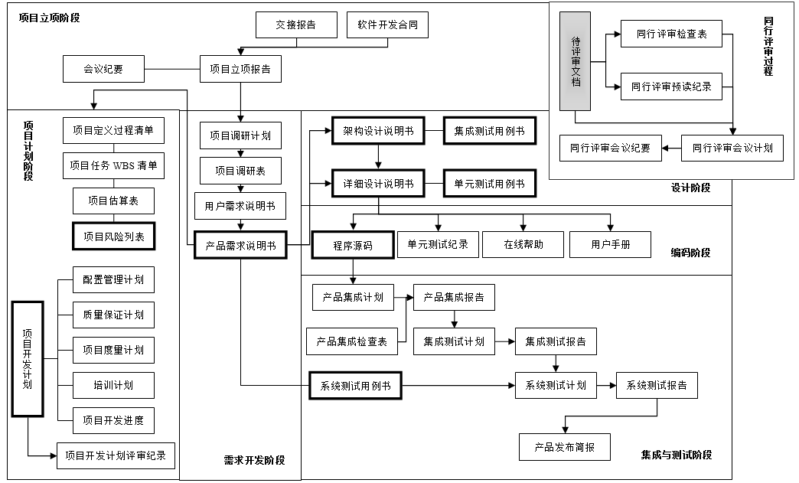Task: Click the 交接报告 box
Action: tap(296, 25)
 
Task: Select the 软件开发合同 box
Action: tap(387, 25)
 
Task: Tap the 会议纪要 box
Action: tap(103, 70)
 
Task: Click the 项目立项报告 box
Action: tap(240, 70)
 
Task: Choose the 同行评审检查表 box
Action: tap(671, 34)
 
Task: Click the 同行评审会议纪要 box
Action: tap(610, 148)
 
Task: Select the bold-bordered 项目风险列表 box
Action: tap(113, 237)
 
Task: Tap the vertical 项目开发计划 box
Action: tap(28, 359)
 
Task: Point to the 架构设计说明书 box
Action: tap(378, 131)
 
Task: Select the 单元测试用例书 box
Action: tap(489, 184)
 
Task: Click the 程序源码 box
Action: tap(352, 246)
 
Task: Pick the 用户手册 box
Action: tap(610, 245)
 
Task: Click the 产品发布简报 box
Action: tap(566, 447)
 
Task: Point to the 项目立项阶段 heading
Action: tap(50, 16)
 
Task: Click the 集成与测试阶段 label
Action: tap(676, 455)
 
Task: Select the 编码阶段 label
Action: tap(690, 253)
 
